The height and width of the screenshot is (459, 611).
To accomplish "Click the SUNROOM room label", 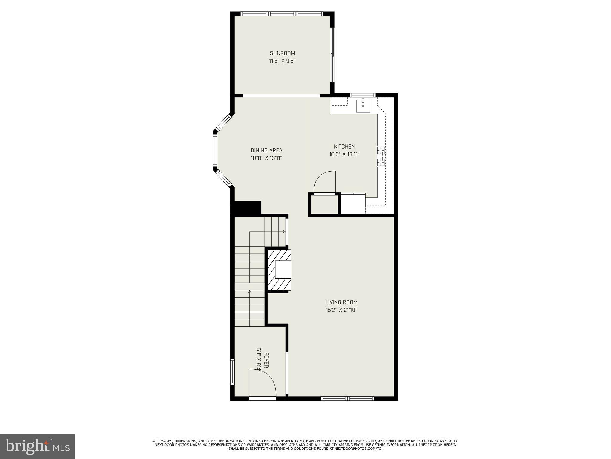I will tap(282, 53).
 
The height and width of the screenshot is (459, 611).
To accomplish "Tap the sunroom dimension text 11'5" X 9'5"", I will tap(282, 61).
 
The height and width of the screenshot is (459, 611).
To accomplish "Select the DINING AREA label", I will tap(266, 151).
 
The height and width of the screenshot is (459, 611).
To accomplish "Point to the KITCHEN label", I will tap(344, 146).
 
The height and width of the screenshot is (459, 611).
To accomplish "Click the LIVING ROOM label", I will tap(341, 302).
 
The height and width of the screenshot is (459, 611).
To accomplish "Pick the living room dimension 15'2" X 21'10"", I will tap(341, 310).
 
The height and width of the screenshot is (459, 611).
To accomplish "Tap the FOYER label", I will tap(266, 360).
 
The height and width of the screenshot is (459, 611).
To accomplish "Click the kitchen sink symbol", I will tap(363, 106).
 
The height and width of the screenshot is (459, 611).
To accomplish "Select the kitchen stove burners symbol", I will tap(381, 156).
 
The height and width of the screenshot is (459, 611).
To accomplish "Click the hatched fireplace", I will tap(279, 270).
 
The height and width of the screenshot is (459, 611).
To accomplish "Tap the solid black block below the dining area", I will tap(248, 207).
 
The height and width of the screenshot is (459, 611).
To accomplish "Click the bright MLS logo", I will tap(37, 447).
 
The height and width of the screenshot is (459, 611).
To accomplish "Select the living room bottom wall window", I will tap(347, 398).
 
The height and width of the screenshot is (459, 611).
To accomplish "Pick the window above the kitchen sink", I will tap(362, 95).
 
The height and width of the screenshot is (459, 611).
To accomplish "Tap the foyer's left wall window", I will tap(232, 372).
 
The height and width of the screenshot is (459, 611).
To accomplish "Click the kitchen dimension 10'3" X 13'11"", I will tap(344, 154).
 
